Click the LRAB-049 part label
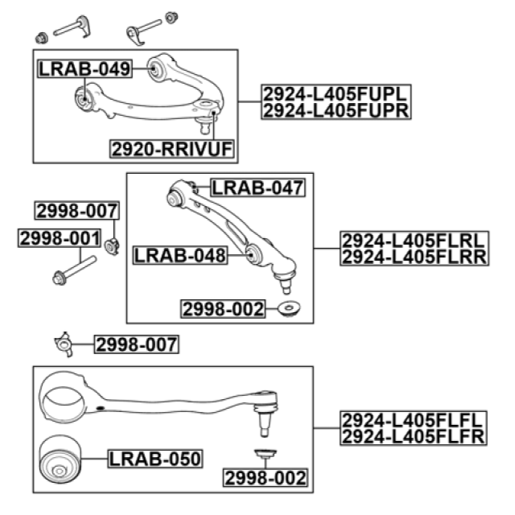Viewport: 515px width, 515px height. pyautogui.click(x=84, y=68)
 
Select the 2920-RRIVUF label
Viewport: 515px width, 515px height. pyautogui.click(x=173, y=150)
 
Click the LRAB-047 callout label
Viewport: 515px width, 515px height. pyautogui.click(x=257, y=188)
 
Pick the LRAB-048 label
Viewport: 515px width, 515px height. pyautogui.click(x=180, y=256)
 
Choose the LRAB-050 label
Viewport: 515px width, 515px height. pyautogui.click(x=155, y=458)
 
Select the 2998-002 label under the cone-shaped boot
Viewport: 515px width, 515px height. pyautogui.click(x=265, y=478)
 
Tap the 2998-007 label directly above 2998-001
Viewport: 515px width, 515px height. pyautogui.click(x=77, y=211)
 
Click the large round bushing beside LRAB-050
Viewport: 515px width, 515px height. pyautogui.click(x=62, y=458)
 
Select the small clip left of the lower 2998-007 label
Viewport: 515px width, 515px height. pyautogui.click(x=66, y=344)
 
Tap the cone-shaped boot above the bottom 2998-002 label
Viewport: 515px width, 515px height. pyautogui.click(x=265, y=454)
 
